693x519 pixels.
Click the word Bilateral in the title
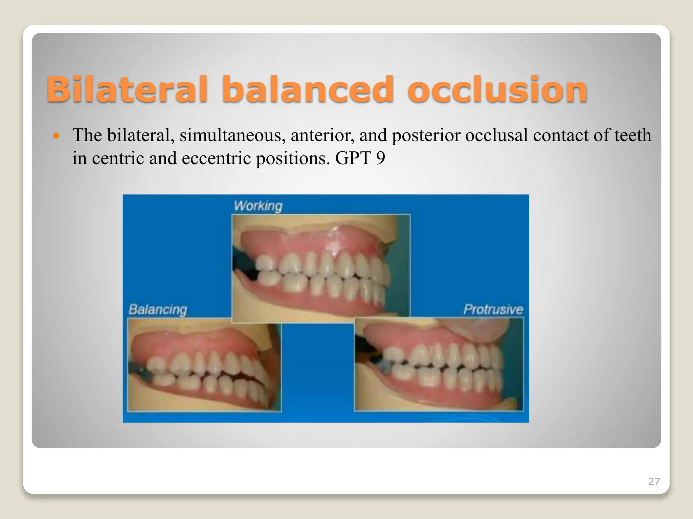[127, 89]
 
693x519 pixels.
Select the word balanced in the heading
[307, 89]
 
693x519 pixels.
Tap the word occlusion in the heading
[497, 89]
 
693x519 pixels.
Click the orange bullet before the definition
[57, 136]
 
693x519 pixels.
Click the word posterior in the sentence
[426, 135]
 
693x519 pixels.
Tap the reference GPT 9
[360, 158]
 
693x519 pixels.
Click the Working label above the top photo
[258, 205]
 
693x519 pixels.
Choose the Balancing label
[158, 310]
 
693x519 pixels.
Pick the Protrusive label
[493, 310]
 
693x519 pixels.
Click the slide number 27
[654, 481]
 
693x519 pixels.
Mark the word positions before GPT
[293, 158]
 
